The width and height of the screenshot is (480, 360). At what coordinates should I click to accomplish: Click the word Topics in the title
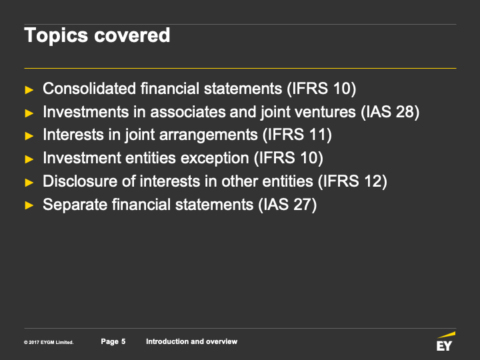click(56, 36)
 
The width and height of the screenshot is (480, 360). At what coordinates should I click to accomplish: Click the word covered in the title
click(132, 35)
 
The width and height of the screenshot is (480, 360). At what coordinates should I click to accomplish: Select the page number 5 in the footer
click(123, 341)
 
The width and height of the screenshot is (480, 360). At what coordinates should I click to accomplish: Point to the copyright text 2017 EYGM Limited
click(49, 342)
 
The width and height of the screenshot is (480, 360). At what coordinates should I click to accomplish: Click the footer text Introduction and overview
click(191, 341)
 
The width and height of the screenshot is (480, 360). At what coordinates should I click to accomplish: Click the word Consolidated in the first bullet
click(89, 89)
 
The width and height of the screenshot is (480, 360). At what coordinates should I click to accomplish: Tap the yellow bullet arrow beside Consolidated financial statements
click(29, 90)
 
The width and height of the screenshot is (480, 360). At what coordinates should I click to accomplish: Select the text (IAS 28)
click(390, 112)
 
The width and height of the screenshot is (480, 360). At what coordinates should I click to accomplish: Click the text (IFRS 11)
click(297, 135)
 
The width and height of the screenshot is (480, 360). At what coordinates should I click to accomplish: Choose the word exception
click(215, 159)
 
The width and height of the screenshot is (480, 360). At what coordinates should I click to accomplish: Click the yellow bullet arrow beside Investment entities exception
click(29, 159)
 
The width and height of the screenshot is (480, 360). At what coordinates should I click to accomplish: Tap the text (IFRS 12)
click(353, 181)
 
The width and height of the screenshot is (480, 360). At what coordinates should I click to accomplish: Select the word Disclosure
click(80, 181)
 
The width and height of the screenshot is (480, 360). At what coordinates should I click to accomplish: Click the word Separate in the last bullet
click(75, 205)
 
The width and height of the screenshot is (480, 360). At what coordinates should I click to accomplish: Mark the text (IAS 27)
click(287, 205)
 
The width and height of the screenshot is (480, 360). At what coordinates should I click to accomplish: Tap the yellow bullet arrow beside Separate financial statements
click(29, 205)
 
